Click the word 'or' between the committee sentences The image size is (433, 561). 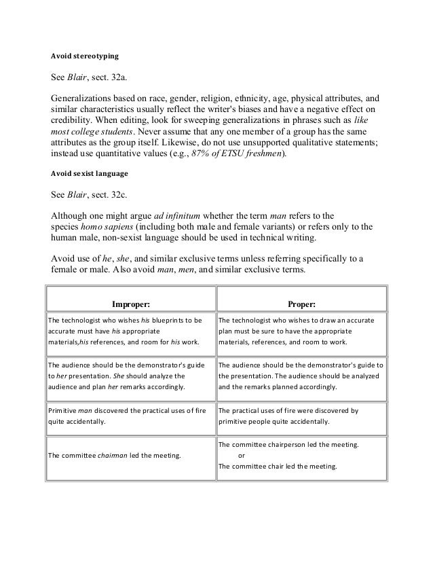[x=243, y=456]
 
